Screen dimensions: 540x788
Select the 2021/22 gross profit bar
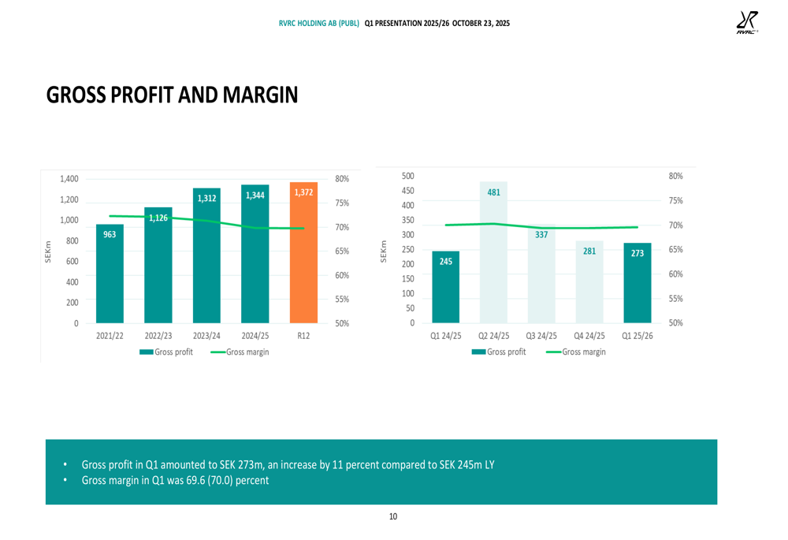coord(110,276)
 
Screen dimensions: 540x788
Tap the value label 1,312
coord(206,199)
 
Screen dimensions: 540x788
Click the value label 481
coord(493,192)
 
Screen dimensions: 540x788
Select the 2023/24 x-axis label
coord(206,335)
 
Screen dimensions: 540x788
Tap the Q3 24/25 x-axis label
coord(541,335)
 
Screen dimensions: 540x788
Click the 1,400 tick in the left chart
coord(69,179)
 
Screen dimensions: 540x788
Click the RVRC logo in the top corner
coord(746,24)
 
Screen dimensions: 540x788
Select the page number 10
coord(393,516)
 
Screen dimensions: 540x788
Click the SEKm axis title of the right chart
coord(384,249)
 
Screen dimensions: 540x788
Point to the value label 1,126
coord(158,218)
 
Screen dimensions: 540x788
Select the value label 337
coord(541,234)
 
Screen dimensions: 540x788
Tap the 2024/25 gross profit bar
coord(255,260)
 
